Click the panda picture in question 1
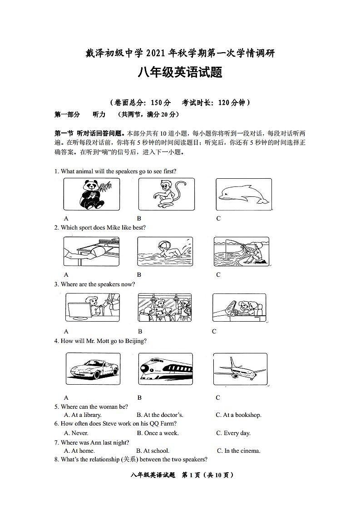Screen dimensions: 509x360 pyautogui.click(x=92, y=194)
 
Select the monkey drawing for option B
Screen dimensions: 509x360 pyautogui.click(x=166, y=194)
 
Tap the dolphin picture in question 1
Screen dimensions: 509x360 pyautogui.click(x=243, y=194)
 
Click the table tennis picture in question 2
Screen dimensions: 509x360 pyautogui.click(x=91, y=251)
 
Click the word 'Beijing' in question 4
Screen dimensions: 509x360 pyautogui.click(x=137, y=341)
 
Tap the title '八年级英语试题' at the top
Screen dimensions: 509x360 pyautogui.click(x=180, y=73)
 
